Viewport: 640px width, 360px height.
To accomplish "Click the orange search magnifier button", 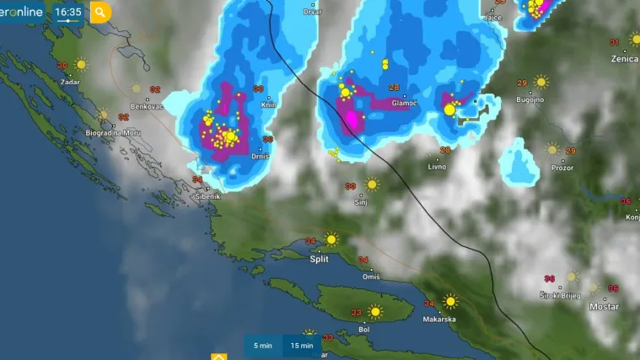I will [100, 12].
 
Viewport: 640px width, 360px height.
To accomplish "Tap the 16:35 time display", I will [67, 12].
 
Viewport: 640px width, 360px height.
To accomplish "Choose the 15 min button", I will [302, 346].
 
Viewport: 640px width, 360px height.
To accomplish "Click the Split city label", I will [319, 260].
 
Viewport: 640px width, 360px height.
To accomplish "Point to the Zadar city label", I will [70, 83].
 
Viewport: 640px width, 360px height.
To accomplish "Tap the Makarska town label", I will [439, 320].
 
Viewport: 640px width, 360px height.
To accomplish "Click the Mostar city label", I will [604, 307].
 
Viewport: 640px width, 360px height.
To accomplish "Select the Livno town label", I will [437, 167].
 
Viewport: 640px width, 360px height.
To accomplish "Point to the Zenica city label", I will [624, 59].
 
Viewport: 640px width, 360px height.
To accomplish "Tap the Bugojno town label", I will [530, 99].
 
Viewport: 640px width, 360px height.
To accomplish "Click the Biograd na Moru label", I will [112, 133].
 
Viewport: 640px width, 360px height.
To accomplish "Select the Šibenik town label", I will [207, 196].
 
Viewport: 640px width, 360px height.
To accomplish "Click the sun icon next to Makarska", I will [452, 300].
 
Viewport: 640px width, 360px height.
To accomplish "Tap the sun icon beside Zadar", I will [81, 64].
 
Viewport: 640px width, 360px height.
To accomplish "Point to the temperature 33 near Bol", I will [356, 313].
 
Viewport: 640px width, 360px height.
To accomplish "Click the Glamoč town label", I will [405, 103].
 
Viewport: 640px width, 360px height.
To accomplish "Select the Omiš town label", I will [371, 277].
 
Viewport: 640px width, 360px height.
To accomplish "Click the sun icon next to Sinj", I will [372, 184].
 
